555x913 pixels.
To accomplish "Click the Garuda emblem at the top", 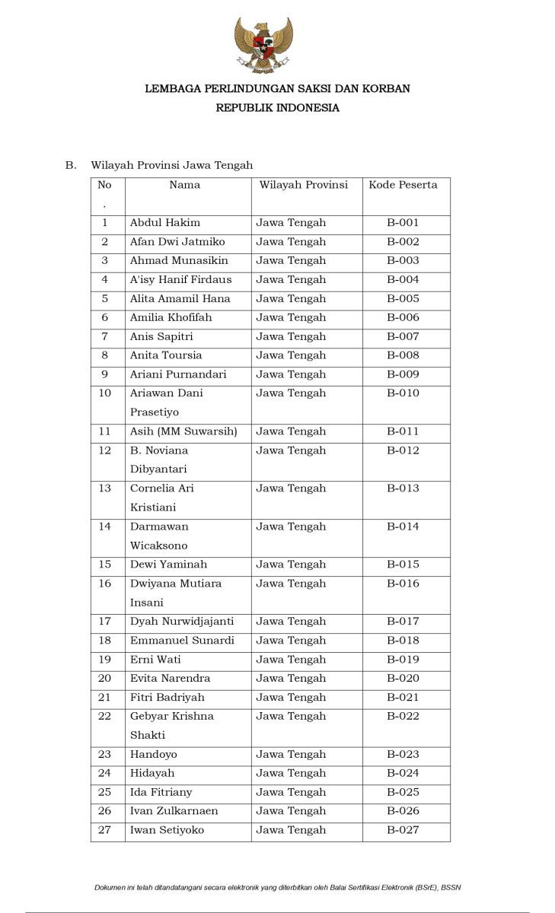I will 263,45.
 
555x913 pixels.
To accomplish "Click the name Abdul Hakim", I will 165,223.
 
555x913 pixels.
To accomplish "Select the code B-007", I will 403,336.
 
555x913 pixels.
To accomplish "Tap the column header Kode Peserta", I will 403,185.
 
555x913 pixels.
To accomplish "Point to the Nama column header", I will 185,185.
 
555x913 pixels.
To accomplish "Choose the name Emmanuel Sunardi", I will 182,641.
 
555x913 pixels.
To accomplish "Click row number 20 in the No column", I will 105,678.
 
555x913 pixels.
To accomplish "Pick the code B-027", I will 403,830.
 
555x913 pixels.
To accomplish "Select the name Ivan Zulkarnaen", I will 174,811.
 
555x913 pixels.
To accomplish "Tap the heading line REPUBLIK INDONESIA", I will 277,108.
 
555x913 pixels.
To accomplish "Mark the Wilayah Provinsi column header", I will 303,185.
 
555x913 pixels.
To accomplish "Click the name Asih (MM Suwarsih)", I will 183,431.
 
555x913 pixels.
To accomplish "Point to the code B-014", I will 403,526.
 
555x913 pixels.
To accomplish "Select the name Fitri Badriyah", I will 167,697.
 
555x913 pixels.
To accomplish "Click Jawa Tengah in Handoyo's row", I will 291,754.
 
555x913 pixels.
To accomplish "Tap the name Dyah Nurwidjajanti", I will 182,622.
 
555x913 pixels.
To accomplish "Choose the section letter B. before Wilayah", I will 71,165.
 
